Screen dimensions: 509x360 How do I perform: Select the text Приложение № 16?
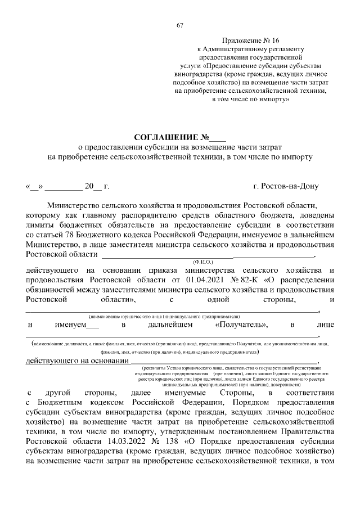(x=250, y=42)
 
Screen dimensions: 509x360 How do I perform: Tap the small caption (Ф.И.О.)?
(x=201, y=262)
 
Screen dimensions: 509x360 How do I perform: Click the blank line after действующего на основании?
(x=225, y=361)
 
